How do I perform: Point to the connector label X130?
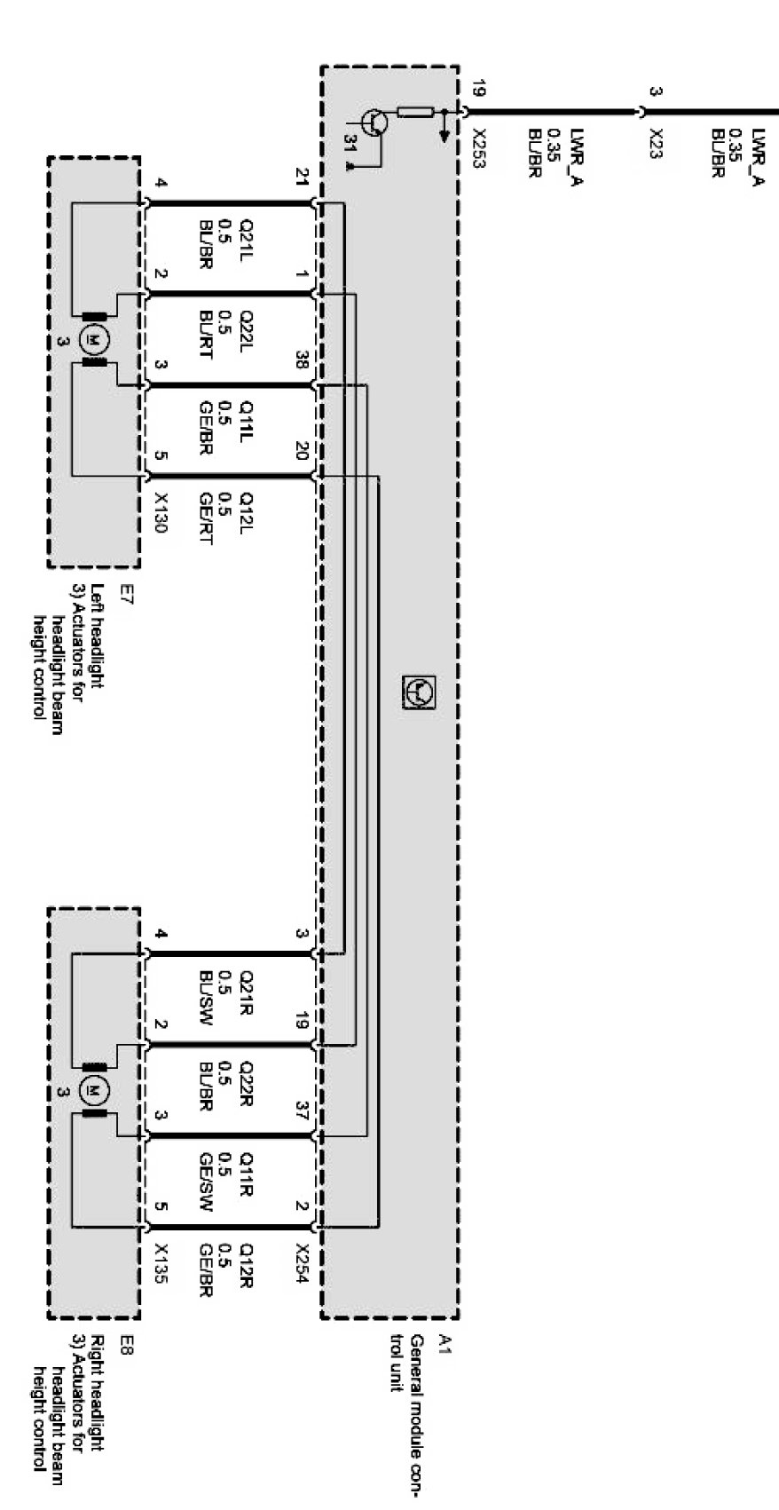coord(160,512)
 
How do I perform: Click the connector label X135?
coord(160,1263)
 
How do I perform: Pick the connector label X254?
coord(302,1263)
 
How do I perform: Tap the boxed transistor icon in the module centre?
coord(419,692)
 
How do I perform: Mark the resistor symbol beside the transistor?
coord(415,112)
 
